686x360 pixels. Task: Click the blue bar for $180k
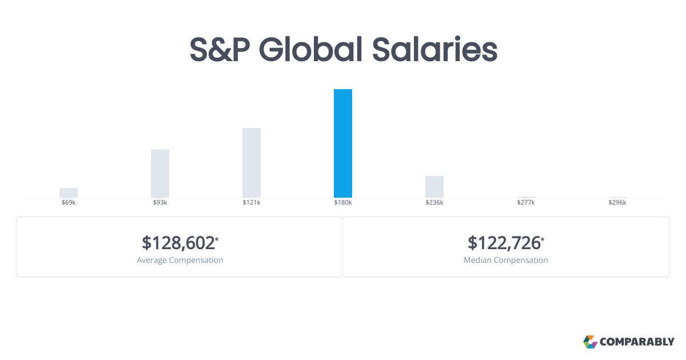pos(342,143)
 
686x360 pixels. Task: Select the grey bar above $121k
pos(252,163)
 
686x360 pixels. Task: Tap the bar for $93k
pos(160,173)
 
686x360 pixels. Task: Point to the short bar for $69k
pos(69,193)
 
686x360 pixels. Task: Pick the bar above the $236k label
pos(434,187)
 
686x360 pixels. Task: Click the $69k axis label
pos(69,202)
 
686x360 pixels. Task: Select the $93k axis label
pos(160,202)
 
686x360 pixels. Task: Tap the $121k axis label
pos(252,202)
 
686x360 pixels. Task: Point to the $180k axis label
pos(342,202)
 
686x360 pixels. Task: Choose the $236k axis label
pos(434,202)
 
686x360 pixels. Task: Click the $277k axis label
pos(526,202)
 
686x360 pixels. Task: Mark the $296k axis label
pos(617,202)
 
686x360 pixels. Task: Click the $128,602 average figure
pos(180,243)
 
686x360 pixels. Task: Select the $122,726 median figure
pos(505,243)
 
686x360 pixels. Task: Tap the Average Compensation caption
pos(180,260)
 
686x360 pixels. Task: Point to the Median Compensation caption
pos(505,260)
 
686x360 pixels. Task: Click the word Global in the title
pos(310,49)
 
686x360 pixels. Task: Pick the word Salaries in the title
pos(435,49)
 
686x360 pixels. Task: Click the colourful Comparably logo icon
pos(590,342)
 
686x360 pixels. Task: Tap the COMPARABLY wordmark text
pos(637,342)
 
